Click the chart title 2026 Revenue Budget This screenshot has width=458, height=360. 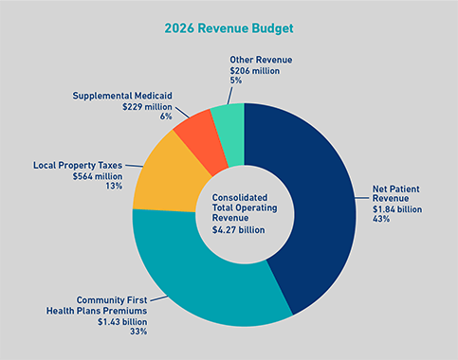pyautogui.click(x=229, y=27)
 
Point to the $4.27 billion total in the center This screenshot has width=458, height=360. pyautogui.click(x=237, y=229)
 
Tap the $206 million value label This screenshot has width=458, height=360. pyautogui.click(x=255, y=70)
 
